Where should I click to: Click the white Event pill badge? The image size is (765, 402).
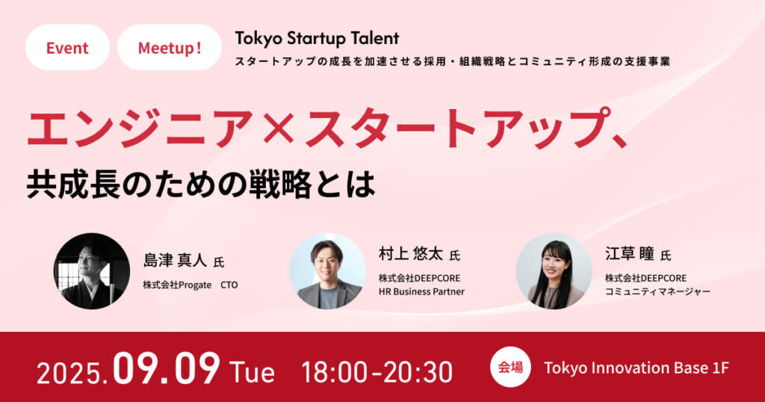[x=67, y=47]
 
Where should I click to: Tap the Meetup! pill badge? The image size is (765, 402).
[x=170, y=47]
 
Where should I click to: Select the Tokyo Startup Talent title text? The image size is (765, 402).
[x=317, y=38]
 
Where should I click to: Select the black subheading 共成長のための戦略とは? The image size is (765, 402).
[x=201, y=185]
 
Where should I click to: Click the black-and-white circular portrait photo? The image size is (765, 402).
[x=92, y=271]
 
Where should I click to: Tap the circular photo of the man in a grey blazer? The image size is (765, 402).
[x=327, y=271]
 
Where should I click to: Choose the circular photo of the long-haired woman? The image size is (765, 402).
[x=554, y=271]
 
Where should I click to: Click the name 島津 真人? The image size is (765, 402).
[x=175, y=261]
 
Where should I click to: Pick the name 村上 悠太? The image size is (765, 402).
[x=411, y=253]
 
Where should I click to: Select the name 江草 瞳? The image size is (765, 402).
[x=629, y=253]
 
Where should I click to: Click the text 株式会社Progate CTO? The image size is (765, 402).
[x=191, y=285]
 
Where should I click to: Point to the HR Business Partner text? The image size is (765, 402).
[x=421, y=291]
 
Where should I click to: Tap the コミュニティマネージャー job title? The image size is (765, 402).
[x=657, y=291]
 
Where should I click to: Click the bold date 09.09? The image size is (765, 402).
[x=167, y=369]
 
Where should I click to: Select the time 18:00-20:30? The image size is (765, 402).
[x=377, y=372]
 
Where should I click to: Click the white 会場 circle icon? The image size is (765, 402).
[x=511, y=367]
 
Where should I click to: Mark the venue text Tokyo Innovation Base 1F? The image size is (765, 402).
[x=637, y=368]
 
